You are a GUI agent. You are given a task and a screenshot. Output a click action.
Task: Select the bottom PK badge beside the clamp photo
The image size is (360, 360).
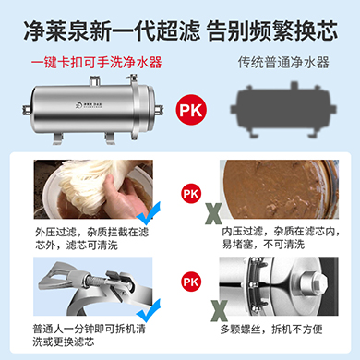(x=189, y=278)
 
